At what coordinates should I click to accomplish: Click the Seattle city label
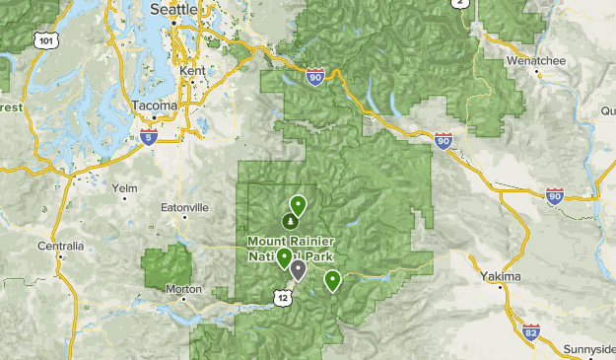(173, 8)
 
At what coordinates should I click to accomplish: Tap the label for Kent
(192, 71)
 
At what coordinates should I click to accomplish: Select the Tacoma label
(154, 105)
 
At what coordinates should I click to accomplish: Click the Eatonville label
(185, 208)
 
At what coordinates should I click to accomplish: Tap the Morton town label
(184, 289)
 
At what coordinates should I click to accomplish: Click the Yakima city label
(501, 277)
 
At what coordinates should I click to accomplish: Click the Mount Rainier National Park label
(291, 248)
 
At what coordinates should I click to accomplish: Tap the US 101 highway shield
(43, 41)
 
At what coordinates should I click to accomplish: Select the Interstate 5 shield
(148, 136)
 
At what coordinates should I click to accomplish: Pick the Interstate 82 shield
(531, 330)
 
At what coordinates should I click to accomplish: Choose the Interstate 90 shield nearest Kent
(314, 76)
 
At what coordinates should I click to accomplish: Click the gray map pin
(298, 269)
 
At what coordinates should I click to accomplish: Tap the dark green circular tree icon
(290, 222)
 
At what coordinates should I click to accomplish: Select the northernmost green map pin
(297, 205)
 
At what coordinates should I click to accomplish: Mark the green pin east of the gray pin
(333, 280)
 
